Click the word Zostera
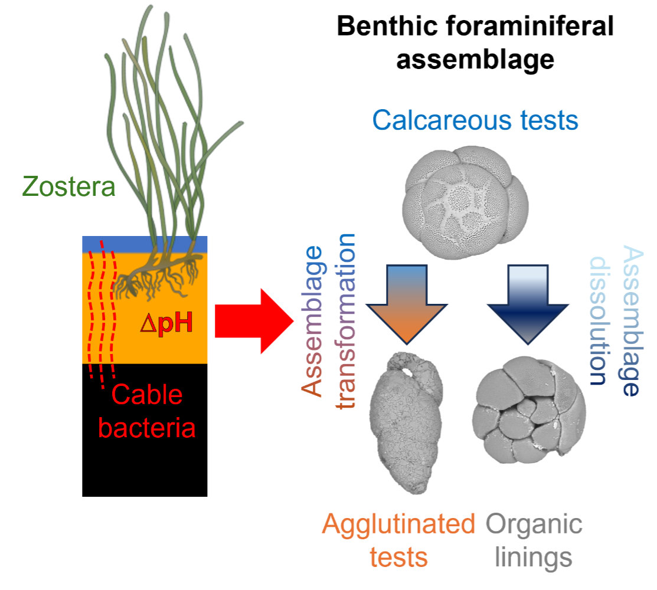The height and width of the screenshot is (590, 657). coord(68,188)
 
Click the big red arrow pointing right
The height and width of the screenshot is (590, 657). coord(254,322)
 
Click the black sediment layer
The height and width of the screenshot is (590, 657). coord(145,460)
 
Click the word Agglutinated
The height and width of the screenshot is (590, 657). coord(399,524)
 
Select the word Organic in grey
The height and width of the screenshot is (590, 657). coord(534,524)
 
